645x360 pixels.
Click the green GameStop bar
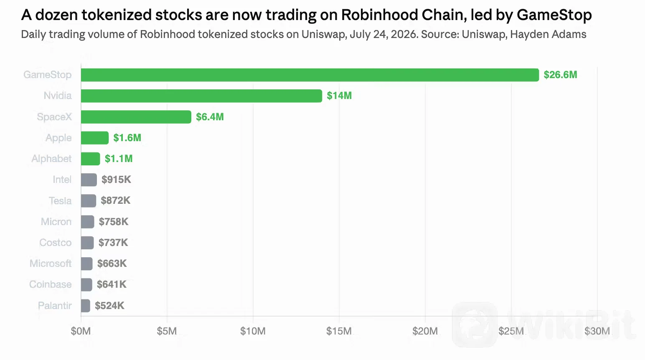pos(310,75)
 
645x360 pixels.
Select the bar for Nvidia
pos(201,96)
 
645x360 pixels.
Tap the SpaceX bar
pos(136,117)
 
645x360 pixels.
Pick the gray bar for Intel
pos(89,180)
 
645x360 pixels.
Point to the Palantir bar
pos(86,306)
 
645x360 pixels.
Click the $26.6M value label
pos(560,75)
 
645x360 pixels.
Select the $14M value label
pos(339,96)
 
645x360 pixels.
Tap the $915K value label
pos(116,180)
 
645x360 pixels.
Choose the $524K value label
pos(110,305)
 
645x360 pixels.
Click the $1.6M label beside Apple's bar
pos(127,137)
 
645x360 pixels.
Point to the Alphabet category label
pos(51,159)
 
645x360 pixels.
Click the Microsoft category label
pos(51,263)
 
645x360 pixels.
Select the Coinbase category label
pos(51,284)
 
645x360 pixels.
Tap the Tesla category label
pos(60,200)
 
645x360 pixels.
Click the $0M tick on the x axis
pos(81,331)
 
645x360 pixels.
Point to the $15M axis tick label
pos(339,331)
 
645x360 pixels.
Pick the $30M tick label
pos(597,331)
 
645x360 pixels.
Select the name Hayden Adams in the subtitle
pos(548,34)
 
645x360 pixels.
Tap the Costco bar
pos(87,243)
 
